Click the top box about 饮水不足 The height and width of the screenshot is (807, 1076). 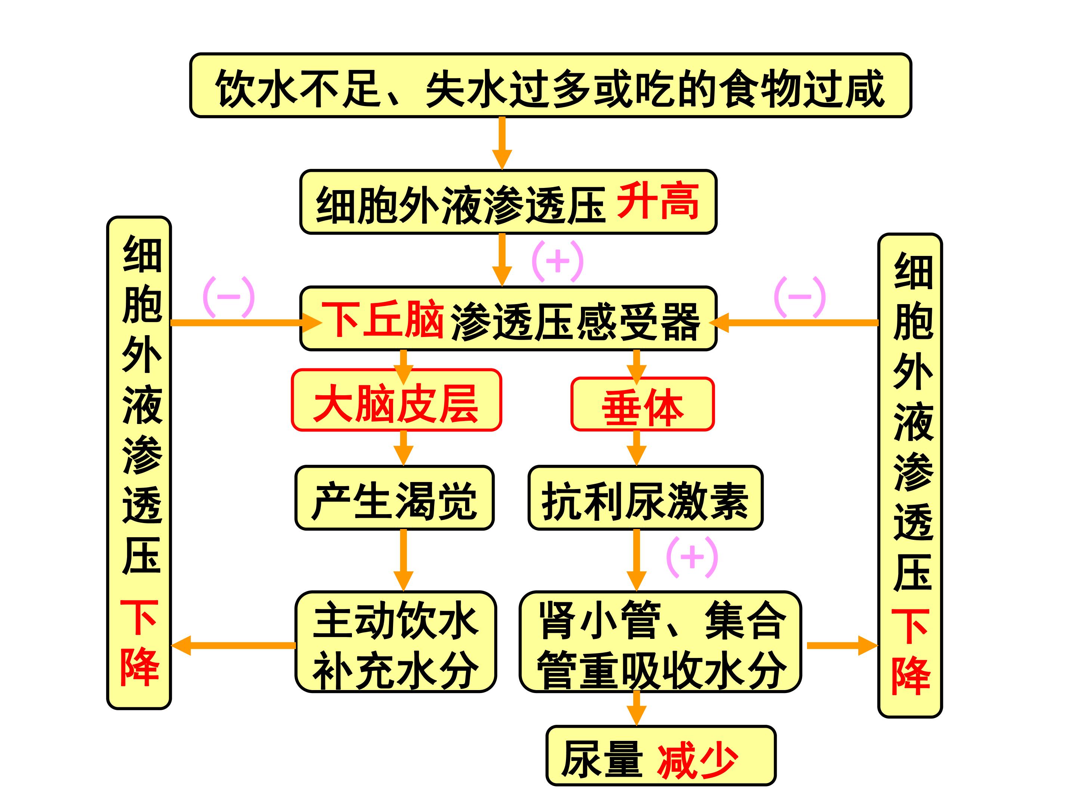(550, 86)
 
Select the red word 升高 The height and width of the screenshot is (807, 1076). (658, 201)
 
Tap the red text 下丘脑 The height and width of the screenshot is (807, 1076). (382, 319)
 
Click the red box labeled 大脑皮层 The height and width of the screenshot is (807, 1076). (396, 400)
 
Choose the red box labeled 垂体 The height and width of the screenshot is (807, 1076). (643, 404)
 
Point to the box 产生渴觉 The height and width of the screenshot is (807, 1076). (395, 498)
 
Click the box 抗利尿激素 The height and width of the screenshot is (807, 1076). (646, 498)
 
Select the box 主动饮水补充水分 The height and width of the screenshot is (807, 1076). (396, 641)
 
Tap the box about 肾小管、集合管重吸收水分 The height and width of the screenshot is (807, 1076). (660, 641)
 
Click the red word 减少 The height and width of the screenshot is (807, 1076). (698, 761)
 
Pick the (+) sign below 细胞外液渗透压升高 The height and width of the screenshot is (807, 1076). (557, 261)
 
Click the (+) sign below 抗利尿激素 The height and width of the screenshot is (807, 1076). (692, 557)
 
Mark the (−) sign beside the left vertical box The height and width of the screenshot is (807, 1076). (229, 297)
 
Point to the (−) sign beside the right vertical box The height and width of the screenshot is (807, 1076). (800, 297)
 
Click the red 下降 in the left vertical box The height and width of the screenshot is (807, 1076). (140, 642)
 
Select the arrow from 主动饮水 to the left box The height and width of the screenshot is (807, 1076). (234, 646)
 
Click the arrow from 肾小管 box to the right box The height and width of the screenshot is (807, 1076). (842, 646)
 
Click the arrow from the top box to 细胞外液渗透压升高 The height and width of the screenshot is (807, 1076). (502, 143)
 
